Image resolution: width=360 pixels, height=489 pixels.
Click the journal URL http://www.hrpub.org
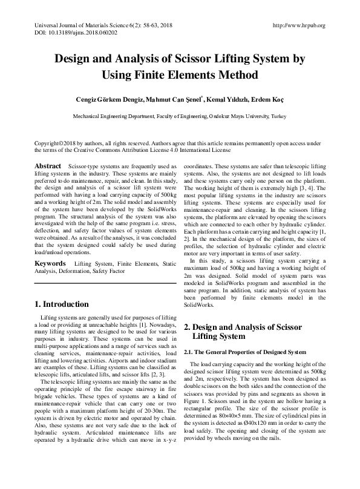tap(299, 25)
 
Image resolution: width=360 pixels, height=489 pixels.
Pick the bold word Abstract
tap(48, 166)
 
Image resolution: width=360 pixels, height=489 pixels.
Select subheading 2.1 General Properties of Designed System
tap(246, 352)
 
